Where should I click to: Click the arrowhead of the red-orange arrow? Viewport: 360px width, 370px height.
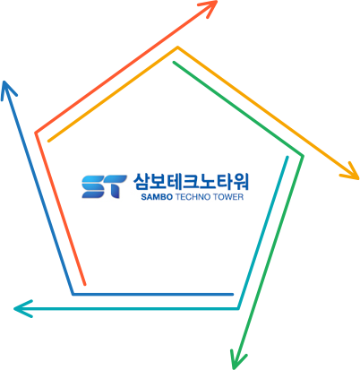[x=216, y=2]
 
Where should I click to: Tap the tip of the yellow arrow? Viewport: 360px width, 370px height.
[x=357, y=178]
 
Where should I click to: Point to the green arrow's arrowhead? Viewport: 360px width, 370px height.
[x=235, y=368]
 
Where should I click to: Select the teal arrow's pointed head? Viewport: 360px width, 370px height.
[x=15, y=308]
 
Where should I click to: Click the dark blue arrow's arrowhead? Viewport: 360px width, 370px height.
[x=4, y=82]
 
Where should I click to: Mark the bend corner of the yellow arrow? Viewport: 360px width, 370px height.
[x=177, y=47]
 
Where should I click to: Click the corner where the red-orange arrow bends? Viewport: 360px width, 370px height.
[x=36, y=133]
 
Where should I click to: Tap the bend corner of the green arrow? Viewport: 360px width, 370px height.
[x=303, y=156]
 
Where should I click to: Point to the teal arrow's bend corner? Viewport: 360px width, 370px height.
[x=238, y=308]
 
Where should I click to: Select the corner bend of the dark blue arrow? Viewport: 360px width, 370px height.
[x=73, y=294]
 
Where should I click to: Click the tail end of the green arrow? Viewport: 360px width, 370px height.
[x=174, y=63]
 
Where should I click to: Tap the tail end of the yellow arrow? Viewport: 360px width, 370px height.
[x=49, y=141]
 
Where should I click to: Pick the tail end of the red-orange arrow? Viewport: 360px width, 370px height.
[x=85, y=284]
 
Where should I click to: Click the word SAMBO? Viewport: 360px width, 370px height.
[x=157, y=197]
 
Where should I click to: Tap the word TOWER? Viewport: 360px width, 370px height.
[x=228, y=197]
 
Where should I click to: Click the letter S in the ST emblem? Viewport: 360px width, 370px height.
[x=93, y=186]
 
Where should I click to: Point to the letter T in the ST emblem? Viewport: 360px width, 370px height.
[x=116, y=186]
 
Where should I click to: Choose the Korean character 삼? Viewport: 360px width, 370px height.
[x=141, y=182]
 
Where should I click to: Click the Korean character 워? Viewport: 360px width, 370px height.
[x=240, y=182]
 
